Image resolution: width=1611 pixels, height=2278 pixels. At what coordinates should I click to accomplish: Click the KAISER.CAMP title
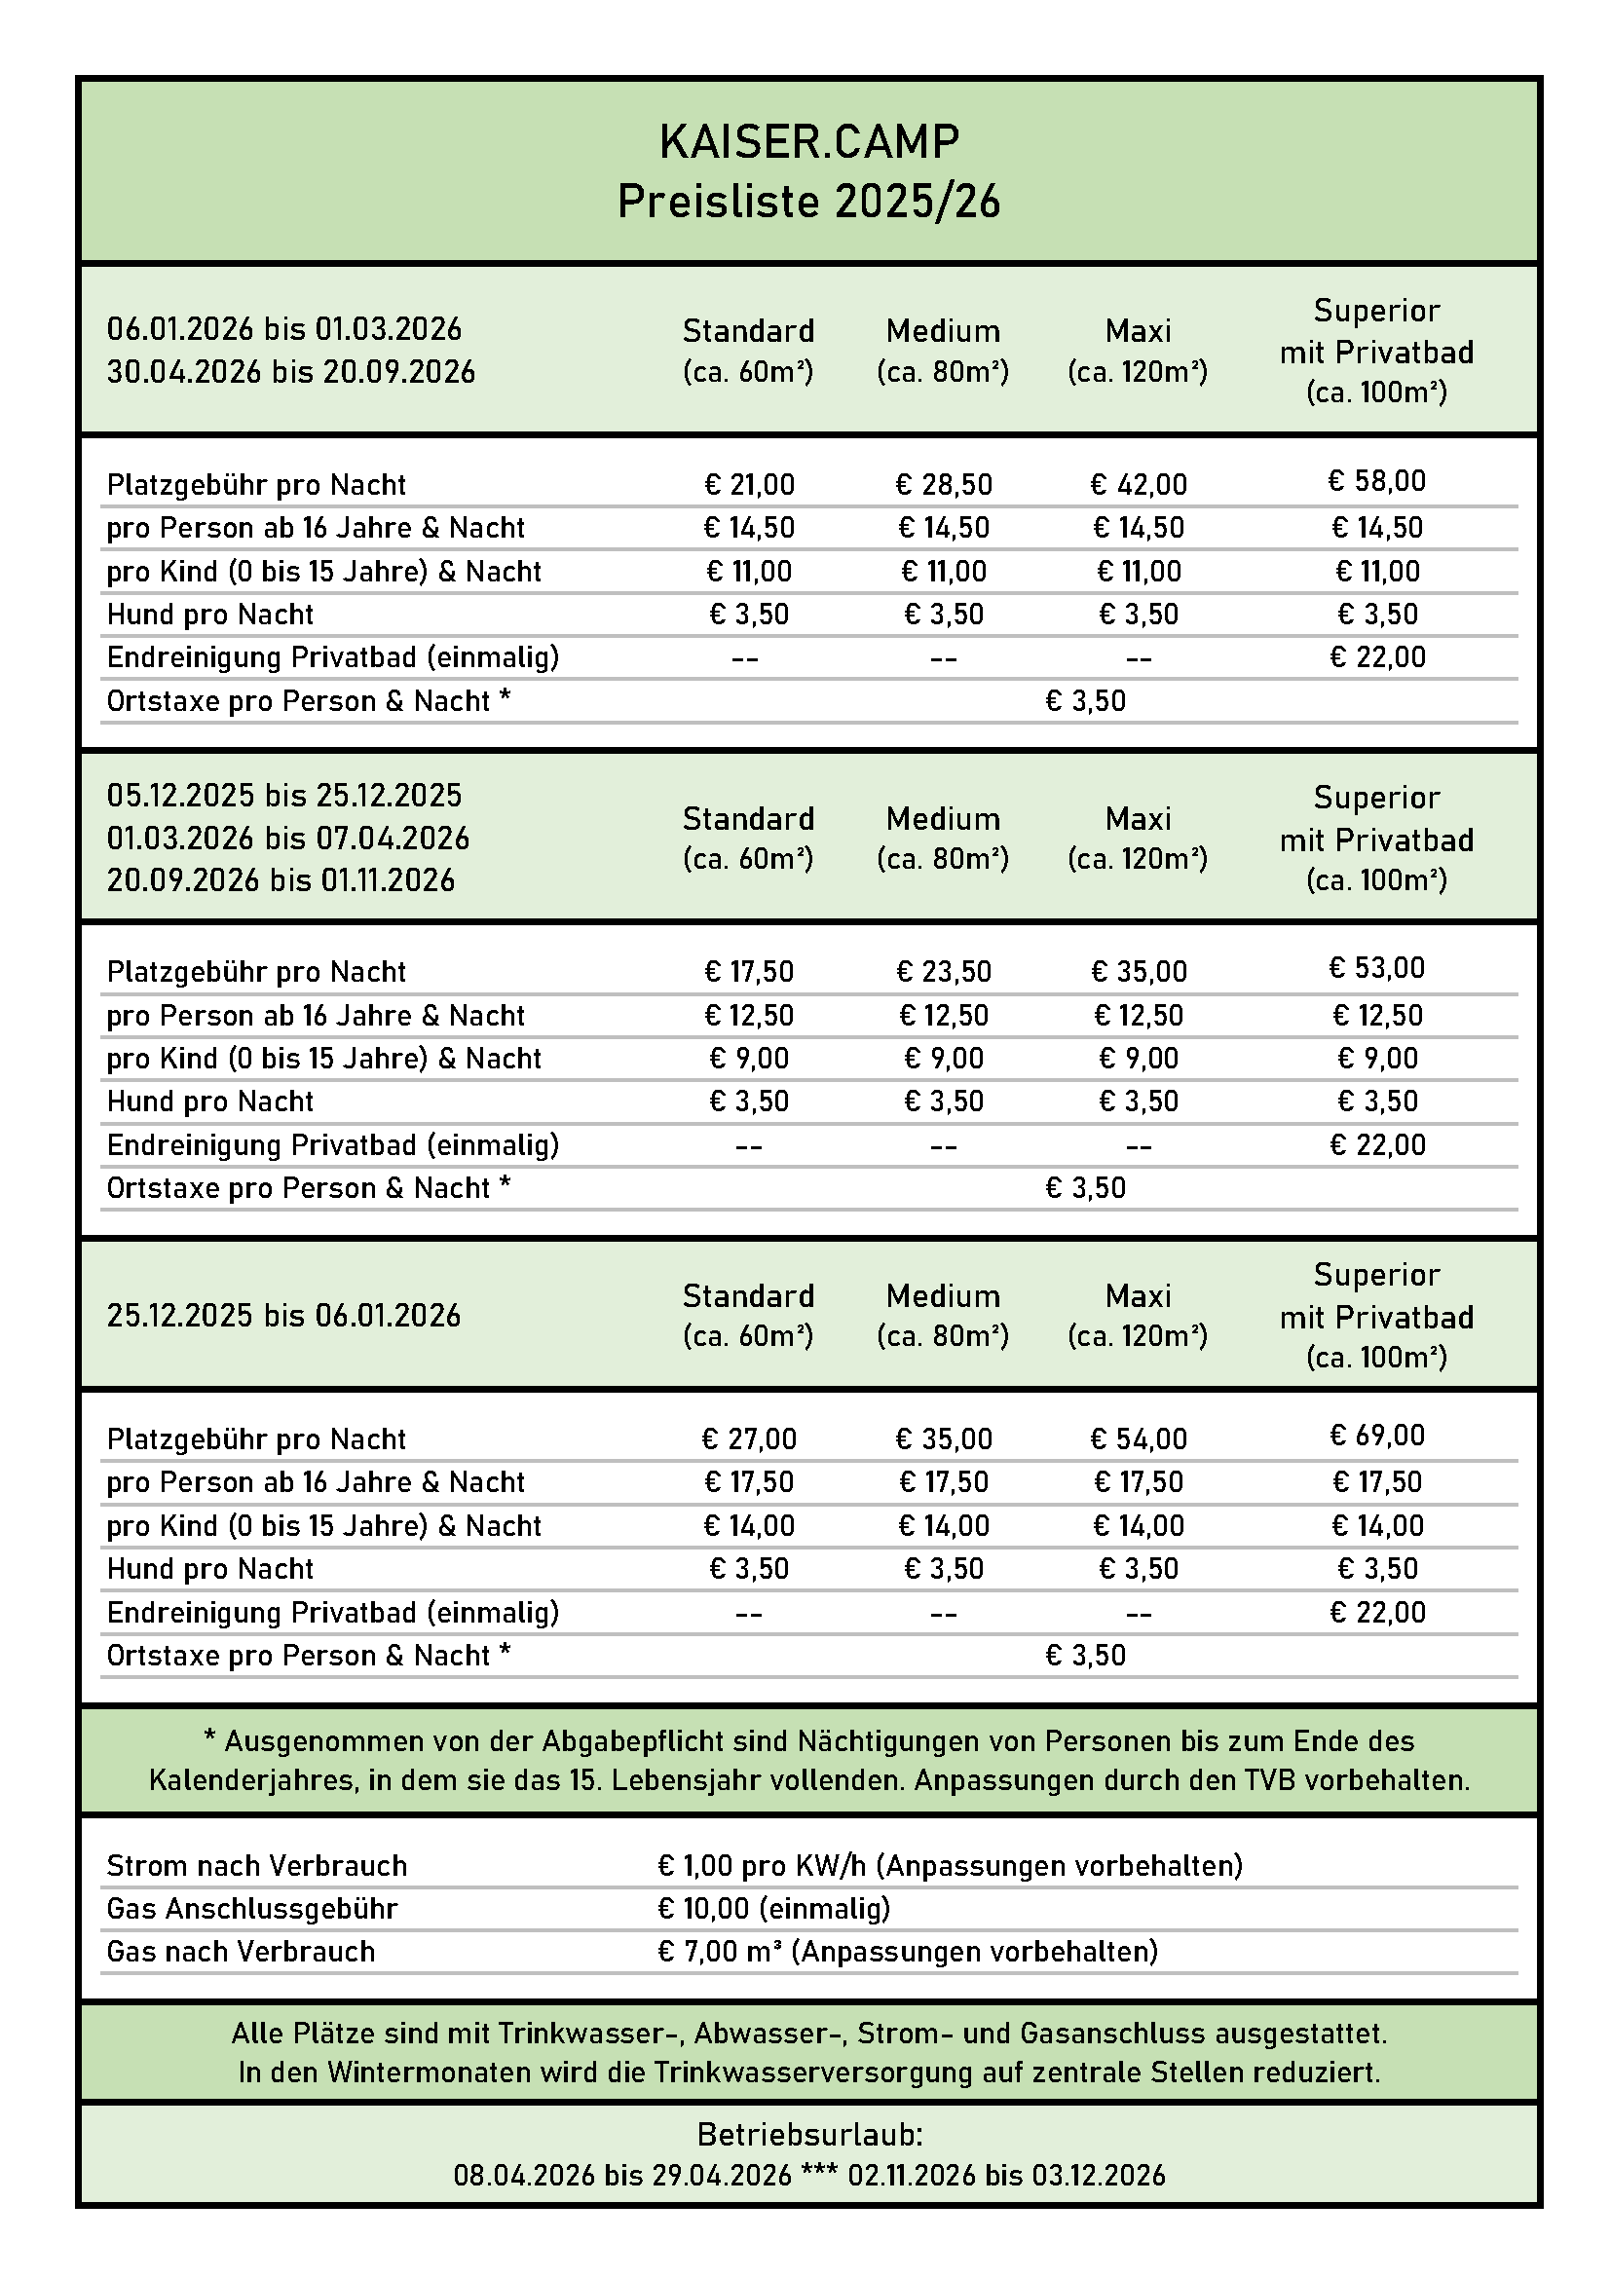pyautogui.click(x=808, y=142)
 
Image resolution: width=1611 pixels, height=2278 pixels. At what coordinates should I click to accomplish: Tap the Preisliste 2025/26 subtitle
pyautogui.click(x=808, y=202)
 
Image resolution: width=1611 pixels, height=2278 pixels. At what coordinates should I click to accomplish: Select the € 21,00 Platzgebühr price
pyautogui.click(x=749, y=484)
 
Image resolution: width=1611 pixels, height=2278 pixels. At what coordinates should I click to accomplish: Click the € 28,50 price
pyautogui.click(x=944, y=484)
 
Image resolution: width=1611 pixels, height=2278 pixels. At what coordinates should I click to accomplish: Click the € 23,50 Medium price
pyautogui.click(x=944, y=971)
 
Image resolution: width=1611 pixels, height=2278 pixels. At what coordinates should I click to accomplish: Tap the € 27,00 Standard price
pyautogui.click(x=749, y=1438)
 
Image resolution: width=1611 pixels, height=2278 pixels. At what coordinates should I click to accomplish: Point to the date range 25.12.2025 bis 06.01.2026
pyautogui.click(x=283, y=1316)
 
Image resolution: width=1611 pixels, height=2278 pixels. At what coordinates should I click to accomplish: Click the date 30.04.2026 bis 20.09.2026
pyautogui.click(x=290, y=372)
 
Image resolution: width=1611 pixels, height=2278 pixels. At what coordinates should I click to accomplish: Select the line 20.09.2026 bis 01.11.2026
pyautogui.click(x=281, y=880)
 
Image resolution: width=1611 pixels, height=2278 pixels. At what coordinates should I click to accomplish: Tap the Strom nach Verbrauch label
pyautogui.click(x=257, y=1865)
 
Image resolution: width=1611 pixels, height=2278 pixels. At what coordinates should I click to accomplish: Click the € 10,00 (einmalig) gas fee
pyautogui.click(x=773, y=1908)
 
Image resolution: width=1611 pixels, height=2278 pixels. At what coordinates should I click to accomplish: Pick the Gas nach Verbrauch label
pyautogui.click(x=241, y=1952)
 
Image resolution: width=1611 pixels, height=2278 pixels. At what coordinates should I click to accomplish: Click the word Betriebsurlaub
pyautogui.click(x=808, y=2134)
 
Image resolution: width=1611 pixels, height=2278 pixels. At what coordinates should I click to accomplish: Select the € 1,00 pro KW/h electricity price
pyautogui.click(x=761, y=1865)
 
